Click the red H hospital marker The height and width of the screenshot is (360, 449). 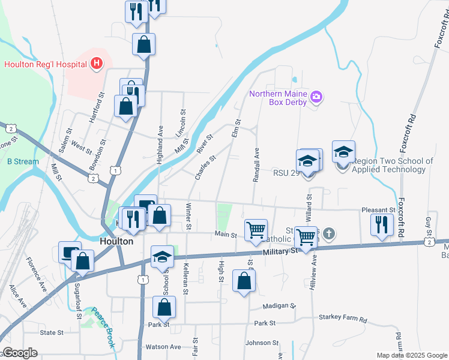(96, 64)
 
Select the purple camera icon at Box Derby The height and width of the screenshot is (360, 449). (317, 96)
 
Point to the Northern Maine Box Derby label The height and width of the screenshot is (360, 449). (278, 98)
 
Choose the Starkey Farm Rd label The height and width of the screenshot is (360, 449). (343, 317)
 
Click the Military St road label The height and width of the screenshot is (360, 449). (280, 253)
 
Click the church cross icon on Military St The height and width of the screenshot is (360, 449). (329, 234)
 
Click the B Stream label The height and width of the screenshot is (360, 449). (23, 161)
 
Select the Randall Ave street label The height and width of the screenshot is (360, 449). (256, 165)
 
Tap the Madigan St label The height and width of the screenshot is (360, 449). (280, 306)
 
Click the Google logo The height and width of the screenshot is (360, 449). (20, 353)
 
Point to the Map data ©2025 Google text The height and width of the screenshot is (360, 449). (411, 355)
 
